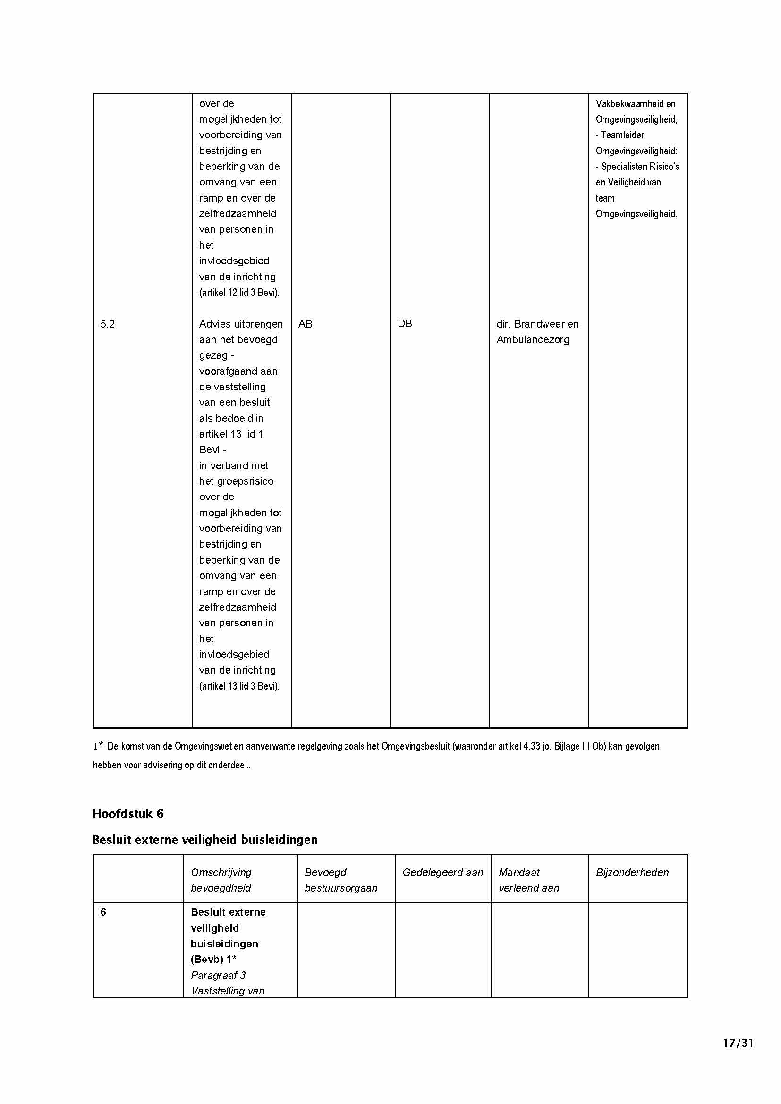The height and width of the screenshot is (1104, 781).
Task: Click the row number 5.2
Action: (x=108, y=324)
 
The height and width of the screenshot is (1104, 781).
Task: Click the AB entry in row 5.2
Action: (x=306, y=324)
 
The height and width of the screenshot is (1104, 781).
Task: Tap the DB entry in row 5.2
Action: (x=405, y=324)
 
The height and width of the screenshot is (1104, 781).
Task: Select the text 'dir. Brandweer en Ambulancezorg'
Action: (x=537, y=332)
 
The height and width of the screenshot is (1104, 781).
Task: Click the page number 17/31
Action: (x=738, y=1043)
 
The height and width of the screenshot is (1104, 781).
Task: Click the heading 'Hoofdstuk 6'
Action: (x=128, y=814)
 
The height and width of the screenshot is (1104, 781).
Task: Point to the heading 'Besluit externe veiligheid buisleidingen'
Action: (x=205, y=840)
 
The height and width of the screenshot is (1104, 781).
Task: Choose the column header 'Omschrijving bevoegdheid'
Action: (x=221, y=880)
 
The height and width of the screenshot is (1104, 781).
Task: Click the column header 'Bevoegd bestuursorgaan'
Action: (x=340, y=880)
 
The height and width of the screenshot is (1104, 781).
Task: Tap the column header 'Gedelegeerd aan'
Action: (x=442, y=872)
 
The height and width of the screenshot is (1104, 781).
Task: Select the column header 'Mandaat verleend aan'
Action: (x=528, y=880)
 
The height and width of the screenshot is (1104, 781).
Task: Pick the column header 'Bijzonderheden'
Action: (x=632, y=872)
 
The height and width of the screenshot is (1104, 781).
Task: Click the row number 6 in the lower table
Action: (x=103, y=912)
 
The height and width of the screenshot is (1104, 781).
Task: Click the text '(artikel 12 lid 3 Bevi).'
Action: (x=239, y=292)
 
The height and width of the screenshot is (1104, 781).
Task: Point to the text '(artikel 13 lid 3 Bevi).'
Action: (x=239, y=686)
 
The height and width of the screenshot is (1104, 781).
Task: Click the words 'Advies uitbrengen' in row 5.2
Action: (x=240, y=324)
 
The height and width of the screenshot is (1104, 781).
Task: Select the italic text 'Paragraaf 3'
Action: (x=218, y=975)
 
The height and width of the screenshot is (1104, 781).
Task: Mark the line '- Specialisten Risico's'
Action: (x=637, y=167)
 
